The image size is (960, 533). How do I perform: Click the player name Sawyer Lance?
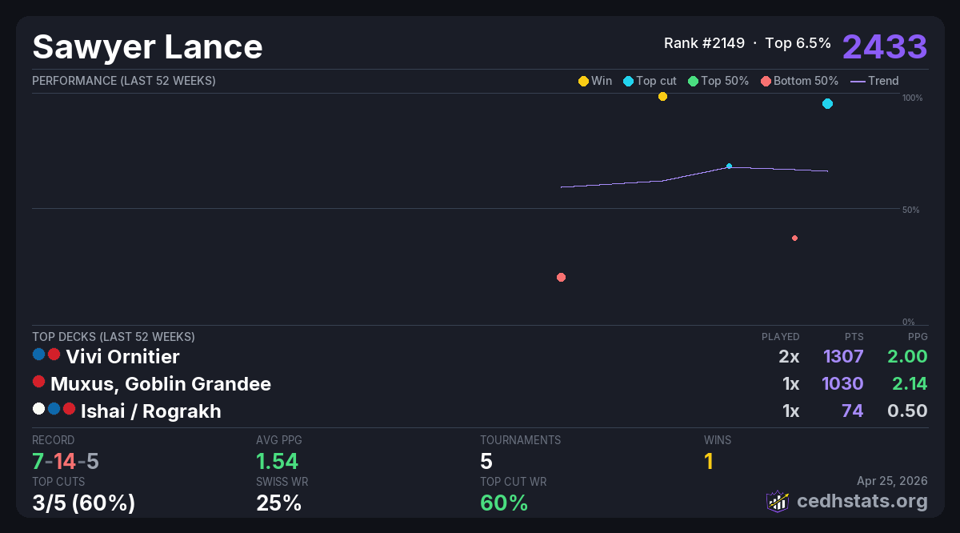[x=147, y=47]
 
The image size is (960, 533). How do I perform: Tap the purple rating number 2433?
[x=884, y=46]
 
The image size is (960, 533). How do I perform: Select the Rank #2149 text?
[x=704, y=43]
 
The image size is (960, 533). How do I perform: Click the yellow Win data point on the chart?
[x=662, y=97]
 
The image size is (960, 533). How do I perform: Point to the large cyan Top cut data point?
[x=827, y=104]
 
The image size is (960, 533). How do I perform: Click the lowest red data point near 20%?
[x=561, y=278]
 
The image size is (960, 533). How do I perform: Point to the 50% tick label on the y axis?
[x=910, y=210]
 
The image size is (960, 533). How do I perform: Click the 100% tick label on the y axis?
[x=912, y=98]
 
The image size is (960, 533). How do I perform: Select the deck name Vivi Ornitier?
[x=122, y=356]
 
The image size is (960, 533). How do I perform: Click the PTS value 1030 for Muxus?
[x=842, y=384]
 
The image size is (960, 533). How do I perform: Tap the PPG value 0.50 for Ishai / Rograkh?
[x=907, y=411]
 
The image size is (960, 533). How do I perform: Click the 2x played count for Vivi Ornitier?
[x=789, y=356]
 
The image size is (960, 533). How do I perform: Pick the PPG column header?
[x=918, y=337]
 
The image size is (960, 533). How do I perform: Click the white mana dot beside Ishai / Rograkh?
[x=38, y=409]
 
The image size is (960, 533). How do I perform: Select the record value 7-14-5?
[x=66, y=462]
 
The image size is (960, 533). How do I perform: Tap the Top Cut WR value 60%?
[x=504, y=503]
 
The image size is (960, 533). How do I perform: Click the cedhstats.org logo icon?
[x=777, y=501]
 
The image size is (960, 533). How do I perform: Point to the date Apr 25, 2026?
[x=892, y=481]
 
